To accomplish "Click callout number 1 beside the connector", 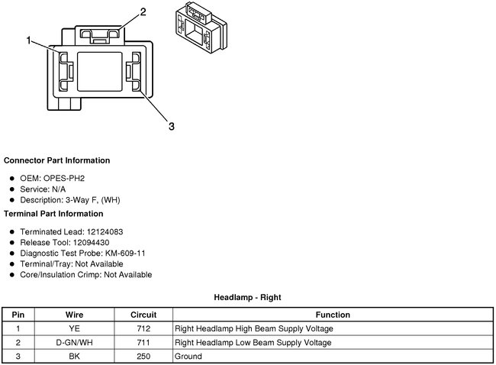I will [x=30, y=40].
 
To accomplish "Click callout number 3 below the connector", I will [x=172, y=126].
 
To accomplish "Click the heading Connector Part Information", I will [x=56, y=161].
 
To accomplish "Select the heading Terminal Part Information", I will [x=53, y=214].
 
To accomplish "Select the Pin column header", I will [x=18, y=315].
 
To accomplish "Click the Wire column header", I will [x=74, y=315].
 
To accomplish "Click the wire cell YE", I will [x=74, y=328].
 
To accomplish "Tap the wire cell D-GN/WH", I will [x=74, y=342].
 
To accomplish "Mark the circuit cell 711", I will [x=143, y=342].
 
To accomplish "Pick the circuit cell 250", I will [x=143, y=356].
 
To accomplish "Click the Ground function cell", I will [x=188, y=356].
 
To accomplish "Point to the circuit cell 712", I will [x=143, y=328].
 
